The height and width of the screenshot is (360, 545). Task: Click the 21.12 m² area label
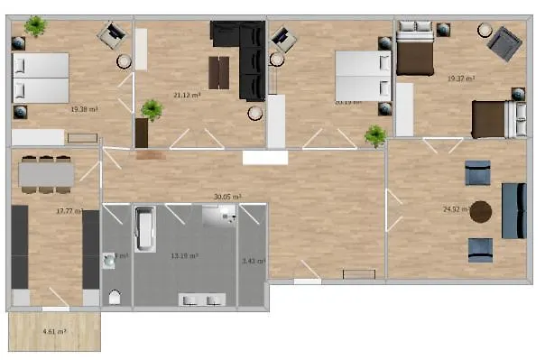(x=187, y=94)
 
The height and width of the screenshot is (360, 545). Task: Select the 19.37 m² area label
(x=461, y=78)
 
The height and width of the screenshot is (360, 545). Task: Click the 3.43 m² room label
(x=254, y=262)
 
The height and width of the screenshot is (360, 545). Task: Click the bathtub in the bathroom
(x=144, y=230)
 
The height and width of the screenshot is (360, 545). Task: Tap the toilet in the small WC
(x=114, y=296)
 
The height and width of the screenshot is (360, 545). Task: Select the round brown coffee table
(x=481, y=212)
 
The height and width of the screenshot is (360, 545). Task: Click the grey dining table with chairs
(x=45, y=173)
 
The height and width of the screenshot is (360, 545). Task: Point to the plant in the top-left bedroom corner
(x=35, y=27)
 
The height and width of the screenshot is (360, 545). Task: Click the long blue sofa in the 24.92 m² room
(x=513, y=210)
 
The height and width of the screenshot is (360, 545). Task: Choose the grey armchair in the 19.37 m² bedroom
(x=503, y=42)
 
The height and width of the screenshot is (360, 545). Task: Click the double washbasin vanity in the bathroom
(x=202, y=299)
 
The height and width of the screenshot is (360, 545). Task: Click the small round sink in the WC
(x=109, y=259)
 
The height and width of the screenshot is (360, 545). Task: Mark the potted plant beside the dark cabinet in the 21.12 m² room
(x=151, y=111)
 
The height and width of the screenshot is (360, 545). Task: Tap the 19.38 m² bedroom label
(x=84, y=109)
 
